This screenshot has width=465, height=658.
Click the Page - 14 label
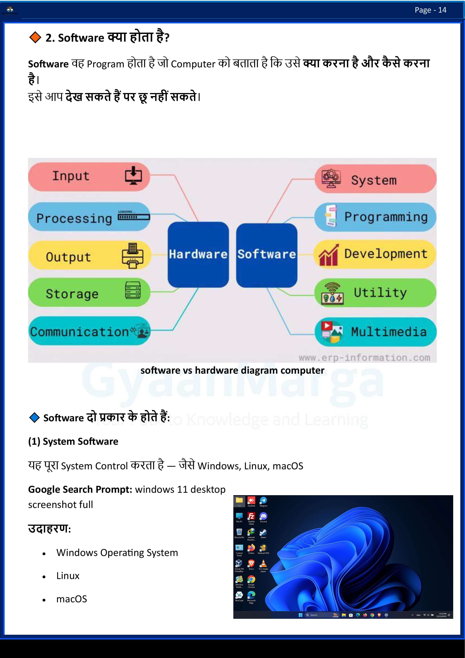pyautogui.click(x=430, y=10)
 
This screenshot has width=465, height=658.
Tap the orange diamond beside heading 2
pyautogui.click(x=35, y=38)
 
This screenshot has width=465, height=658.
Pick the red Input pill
pyautogui.click(x=89, y=176)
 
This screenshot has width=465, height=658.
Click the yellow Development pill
pyautogui.click(x=375, y=254)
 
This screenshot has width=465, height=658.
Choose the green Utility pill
pyautogui.click(x=375, y=293)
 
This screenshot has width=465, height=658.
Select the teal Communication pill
pyautogui.click(x=89, y=331)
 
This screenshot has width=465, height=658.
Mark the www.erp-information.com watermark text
pyautogui.click(x=364, y=358)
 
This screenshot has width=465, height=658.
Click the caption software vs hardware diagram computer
pyautogui.click(x=232, y=370)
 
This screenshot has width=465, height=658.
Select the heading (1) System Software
pyautogui.click(x=73, y=441)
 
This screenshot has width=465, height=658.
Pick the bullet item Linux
pyautogui.click(x=68, y=576)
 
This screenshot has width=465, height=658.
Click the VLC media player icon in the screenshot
pyautogui.click(x=263, y=564)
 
